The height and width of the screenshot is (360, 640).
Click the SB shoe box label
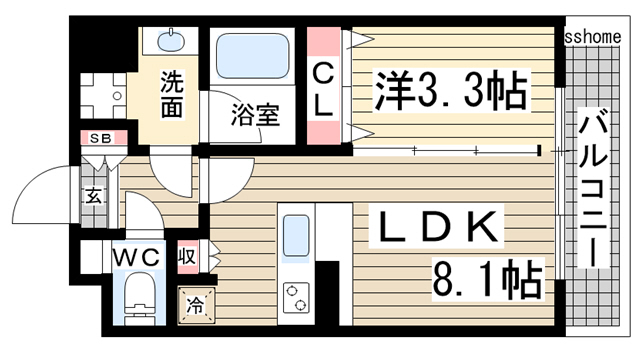101,138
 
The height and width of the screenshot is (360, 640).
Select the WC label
137,257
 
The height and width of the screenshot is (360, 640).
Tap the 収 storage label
187,255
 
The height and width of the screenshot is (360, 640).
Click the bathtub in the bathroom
252,59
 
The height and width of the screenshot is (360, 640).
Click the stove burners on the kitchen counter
297,295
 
